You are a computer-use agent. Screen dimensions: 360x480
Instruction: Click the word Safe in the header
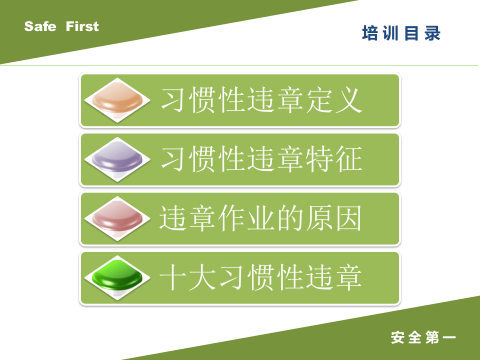click(x=40, y=26)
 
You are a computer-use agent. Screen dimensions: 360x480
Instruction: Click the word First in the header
click(x=82, y=26)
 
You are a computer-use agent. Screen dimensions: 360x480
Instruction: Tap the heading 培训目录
click(x=401, y=33)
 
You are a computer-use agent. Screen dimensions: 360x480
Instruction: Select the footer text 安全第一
click(x=423, y=337)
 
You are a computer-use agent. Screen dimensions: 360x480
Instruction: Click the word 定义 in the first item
click(x=333, y=100)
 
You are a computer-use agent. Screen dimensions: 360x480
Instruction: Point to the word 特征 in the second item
click(x=333, y=159)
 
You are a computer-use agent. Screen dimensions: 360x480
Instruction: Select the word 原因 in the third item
click(x=333, y=219)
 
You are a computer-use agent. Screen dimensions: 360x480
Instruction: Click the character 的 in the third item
click(x=289, y=219)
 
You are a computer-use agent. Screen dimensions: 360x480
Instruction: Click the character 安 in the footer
click(x=398, y=337)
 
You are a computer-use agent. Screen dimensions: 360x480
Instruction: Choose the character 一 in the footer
click(x=448, y=337)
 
